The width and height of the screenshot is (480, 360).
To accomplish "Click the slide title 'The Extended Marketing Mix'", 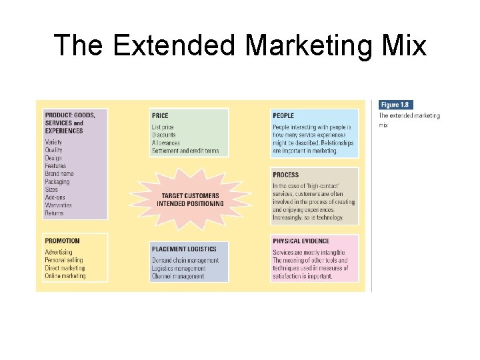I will pyautogui.click(x=240, y=45).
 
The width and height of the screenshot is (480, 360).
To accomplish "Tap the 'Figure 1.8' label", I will pyautogui.click(x=396, y=105).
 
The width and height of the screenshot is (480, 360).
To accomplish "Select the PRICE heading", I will pyautogui.click(x=160, y=116).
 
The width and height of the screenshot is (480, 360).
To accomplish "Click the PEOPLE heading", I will pyautogui.click(x=283, y=116).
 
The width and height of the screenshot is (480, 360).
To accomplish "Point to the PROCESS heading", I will pyautogui.click(x=286, y=175).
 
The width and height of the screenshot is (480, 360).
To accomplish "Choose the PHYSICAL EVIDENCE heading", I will pyautogui.click(x=301, y=241).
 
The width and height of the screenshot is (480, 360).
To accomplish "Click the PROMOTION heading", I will pyautogui.click(x=62, y=241).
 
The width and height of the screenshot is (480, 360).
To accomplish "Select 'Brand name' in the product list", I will pyautogui.click(x=59, y=174).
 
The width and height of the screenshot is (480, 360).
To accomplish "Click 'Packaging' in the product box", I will pyautogui.click(x=58, y=182).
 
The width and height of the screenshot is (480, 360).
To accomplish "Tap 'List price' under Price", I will pyautogui.click(x=163, y=127).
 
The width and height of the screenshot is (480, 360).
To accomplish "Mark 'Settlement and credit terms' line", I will pyautogui.click(x=185, y=151).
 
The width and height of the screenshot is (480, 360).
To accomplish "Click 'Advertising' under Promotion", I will pyautogui.click(x=59, y=252).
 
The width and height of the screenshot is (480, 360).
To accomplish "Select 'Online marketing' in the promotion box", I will pyautogui.click(x=65, y=276).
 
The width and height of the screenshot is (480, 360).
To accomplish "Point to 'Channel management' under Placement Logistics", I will pyautogui.click(x=178, y=276).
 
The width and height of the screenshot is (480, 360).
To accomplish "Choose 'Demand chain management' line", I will pyautogui.click(x=185, y=260).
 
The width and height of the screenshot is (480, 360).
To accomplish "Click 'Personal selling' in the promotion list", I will pyautogui.click(x=64, y=260).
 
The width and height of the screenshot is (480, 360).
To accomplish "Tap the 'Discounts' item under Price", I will pyautogui.click(x=164, y=135).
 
